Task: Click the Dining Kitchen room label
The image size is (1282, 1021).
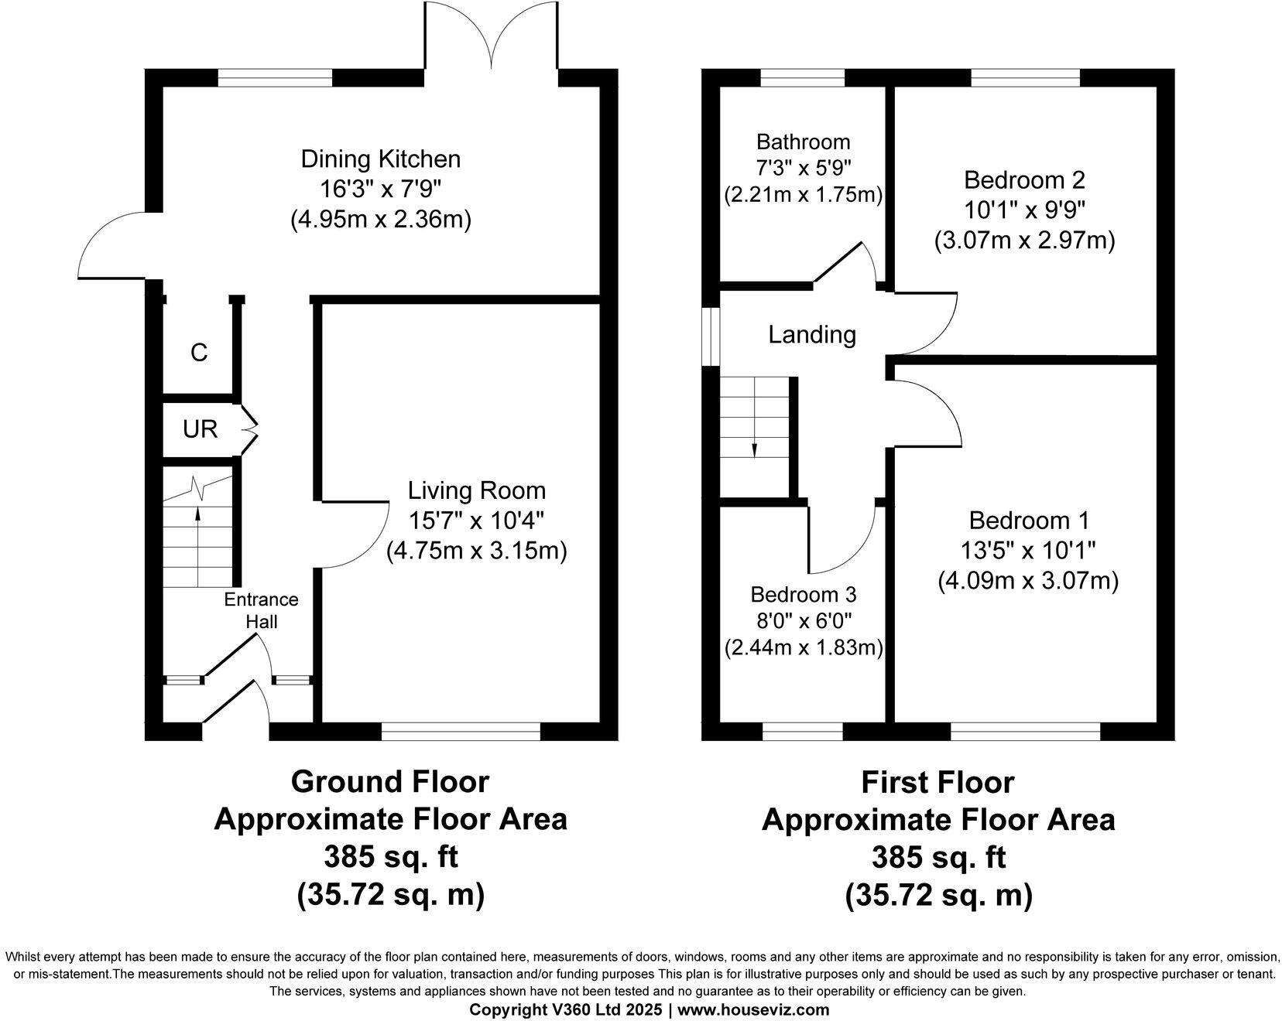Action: point(380,159)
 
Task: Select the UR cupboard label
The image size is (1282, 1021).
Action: point(200,429)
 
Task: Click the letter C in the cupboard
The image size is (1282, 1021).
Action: point(199,353)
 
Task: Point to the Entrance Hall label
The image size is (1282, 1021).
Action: point(261,610)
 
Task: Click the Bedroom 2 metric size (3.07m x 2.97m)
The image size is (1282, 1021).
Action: point(1024,241)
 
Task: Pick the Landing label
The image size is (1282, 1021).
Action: point(811,335)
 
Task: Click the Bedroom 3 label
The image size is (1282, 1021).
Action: point(803,595)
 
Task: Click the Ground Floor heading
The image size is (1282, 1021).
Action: point(389,782)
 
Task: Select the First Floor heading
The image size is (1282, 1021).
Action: point(938,783)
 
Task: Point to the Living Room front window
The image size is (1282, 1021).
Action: point(461,731)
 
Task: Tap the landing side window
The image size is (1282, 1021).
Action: point(709,335)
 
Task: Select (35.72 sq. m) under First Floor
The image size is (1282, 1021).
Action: point(938,895)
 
